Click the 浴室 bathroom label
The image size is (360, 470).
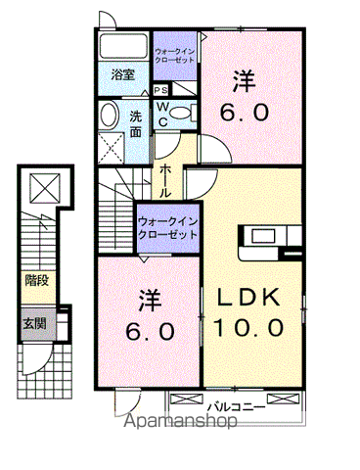[x=122, y=74]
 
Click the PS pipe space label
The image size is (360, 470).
[x=161, y=91]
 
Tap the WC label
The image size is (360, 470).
[x=162, y=114]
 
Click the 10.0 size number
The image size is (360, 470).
[x=249, y=327]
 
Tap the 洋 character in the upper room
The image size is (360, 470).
[x=244, y=78]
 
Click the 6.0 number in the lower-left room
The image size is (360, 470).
[x=151, y=332]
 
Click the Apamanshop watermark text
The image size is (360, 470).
[x=181, y=424]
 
